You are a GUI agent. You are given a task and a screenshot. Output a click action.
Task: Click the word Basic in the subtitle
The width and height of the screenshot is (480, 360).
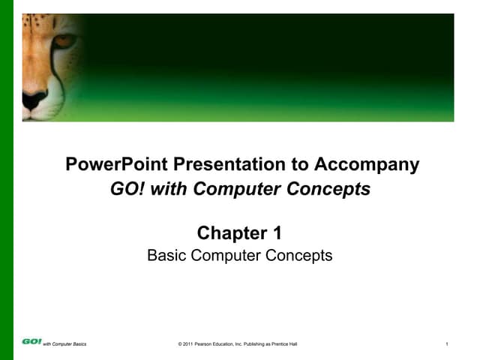(x=167, y=256)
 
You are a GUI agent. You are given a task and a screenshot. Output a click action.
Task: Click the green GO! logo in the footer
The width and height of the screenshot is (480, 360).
(x=31, y=342)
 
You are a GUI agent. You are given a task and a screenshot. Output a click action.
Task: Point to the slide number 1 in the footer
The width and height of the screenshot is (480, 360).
(x=446, y=343)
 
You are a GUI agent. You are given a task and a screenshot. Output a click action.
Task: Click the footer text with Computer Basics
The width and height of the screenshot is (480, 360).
(x=64, y=343)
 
